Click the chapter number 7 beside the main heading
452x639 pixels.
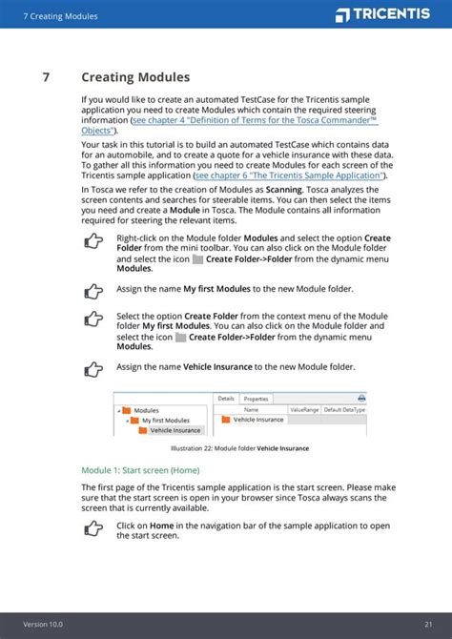[46, 77]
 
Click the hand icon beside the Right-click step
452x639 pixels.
[92, 242]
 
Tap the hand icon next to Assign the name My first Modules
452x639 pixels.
[92, 290]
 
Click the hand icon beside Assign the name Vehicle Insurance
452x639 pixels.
[92, 368]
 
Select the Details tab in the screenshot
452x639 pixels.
[226, 399]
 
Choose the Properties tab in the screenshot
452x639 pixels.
[256, 399]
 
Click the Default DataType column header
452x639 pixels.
[344, 409]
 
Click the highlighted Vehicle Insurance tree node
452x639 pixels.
[175, 430]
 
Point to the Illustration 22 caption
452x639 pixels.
[239, 448]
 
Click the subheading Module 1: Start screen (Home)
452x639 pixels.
[140, 470]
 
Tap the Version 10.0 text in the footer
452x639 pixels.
[43, 624]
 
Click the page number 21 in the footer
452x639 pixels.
[429, 624]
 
